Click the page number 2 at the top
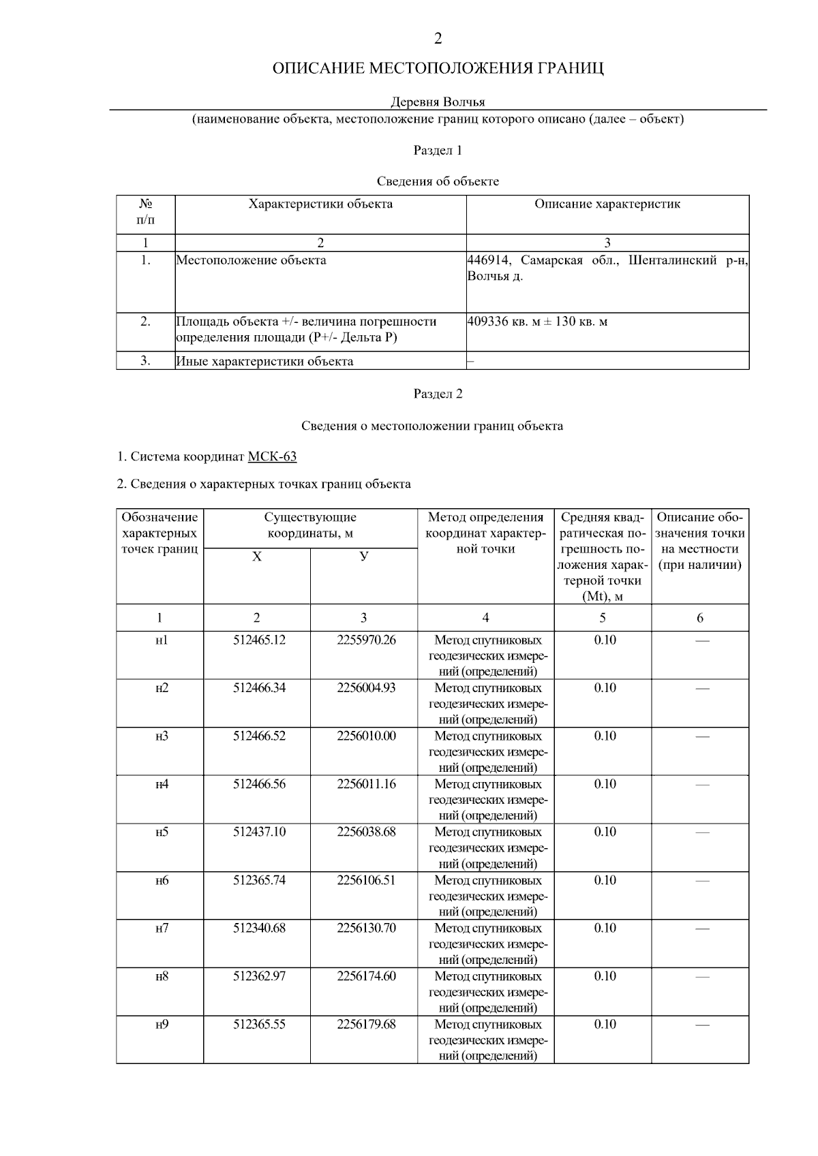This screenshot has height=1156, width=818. (438, 39)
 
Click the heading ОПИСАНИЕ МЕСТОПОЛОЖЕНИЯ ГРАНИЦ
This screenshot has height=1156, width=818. (438, 69)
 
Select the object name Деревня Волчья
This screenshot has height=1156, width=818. (438, 102)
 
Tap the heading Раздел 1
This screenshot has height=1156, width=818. (438, 150)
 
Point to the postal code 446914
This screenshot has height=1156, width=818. (488, 260)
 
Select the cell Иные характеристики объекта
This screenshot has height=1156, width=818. (264, 361)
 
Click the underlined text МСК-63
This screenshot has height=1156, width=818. (272, 456)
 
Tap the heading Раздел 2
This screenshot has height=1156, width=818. (438, 394)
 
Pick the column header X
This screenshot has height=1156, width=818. (256, 557)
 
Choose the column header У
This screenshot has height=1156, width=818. (364, 557)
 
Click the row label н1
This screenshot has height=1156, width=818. (161, 640)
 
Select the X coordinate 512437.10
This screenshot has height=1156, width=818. (259, 832)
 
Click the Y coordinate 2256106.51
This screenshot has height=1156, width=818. (366, 880)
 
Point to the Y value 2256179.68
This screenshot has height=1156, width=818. (366, 1025)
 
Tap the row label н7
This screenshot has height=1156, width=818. (161, 928)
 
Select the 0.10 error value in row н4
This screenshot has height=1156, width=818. (605, 784)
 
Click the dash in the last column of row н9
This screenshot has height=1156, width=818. (701, 1025)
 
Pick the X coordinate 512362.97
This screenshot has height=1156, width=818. (259, 976)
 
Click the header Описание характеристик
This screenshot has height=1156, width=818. (607, 204)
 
